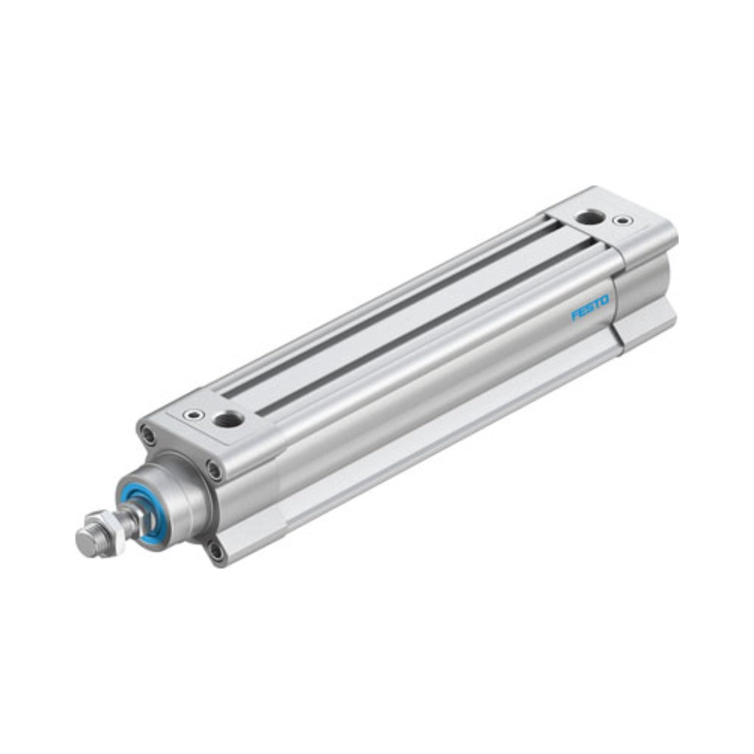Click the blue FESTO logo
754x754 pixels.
click(590, 307)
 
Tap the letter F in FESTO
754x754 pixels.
click(574, 315)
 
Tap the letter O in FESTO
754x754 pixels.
click(605, 300)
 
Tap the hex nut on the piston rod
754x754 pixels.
click(107, 529)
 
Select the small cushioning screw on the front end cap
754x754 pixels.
click(195, 415)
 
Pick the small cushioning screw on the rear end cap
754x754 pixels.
click(624, 221)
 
